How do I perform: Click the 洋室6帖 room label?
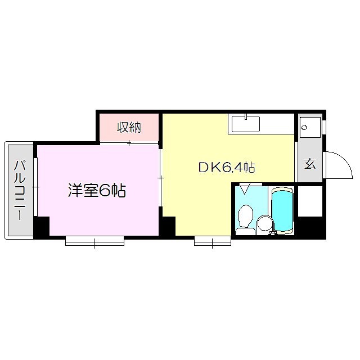96,191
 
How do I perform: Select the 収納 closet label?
129,128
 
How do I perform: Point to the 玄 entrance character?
309,164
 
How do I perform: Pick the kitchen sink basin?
245,124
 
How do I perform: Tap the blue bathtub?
282,211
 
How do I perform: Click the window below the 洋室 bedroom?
94,241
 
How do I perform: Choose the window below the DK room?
213,241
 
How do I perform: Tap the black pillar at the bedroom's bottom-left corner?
42,227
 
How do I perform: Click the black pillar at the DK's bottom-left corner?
168,227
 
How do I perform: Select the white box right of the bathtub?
309,201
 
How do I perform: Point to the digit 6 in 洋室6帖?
105,191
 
